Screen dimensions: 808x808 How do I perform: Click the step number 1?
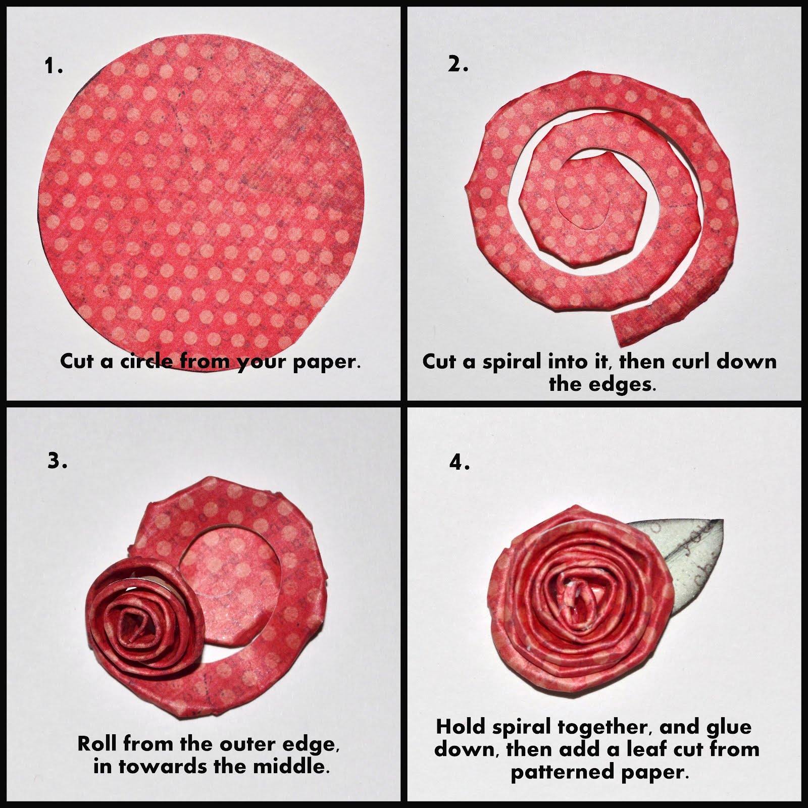tap(54, 66)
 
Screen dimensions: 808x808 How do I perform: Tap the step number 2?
tap(458, 64)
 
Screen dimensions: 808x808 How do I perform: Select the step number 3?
tap(57, 461)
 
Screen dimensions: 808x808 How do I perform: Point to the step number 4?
tap(460, 462)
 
